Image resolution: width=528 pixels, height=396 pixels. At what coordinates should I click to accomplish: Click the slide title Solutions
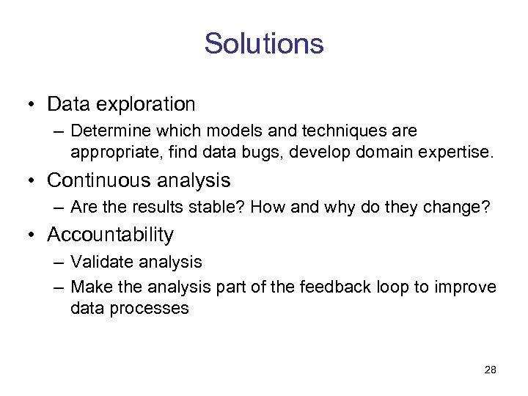[264, 44]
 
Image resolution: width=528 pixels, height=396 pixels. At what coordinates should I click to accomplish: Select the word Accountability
[111, 235]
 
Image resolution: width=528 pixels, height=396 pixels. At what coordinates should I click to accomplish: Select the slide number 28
[491, 370]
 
